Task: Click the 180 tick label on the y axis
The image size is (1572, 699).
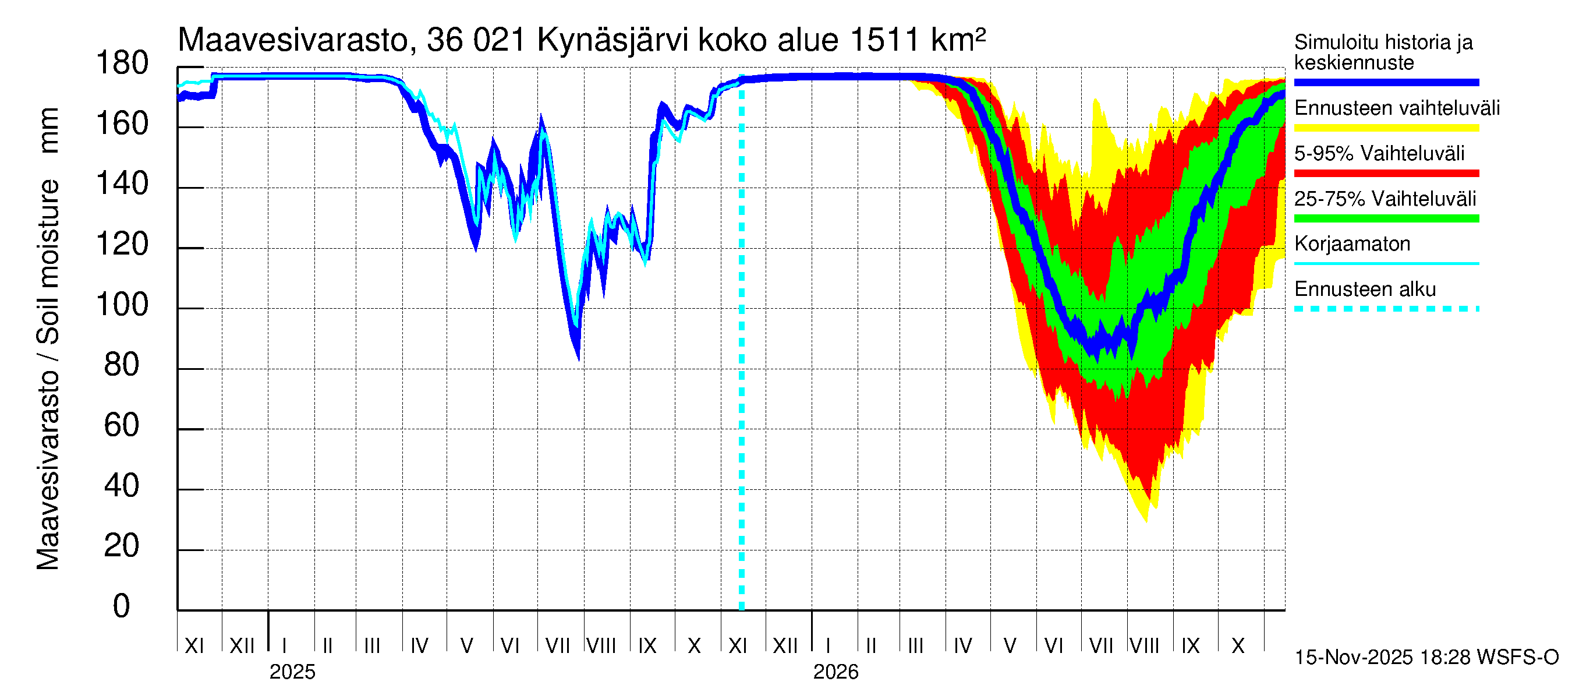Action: click(122, 63)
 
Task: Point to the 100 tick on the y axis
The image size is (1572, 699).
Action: click(122, 305)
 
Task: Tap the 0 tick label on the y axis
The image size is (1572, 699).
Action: click(122, 606)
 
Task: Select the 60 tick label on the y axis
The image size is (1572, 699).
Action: click(122, 425)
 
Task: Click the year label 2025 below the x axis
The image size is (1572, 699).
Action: click(292, 672)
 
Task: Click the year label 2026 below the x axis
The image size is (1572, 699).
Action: click(835, 672)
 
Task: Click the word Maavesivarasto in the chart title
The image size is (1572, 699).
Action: click(293, 40)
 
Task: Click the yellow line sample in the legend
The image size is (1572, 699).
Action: click(1386, 128)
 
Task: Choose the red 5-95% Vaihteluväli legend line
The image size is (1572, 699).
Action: click(1386, 174)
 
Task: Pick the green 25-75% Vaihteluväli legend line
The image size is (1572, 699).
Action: click(1386, 218)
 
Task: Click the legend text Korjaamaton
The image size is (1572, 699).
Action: click(1353, 244)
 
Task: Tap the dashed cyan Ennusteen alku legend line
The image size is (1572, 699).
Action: click(1386, 309)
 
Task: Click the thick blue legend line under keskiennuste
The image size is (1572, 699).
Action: click(1386, 82)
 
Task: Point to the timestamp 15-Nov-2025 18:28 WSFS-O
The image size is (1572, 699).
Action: click(1426, 658)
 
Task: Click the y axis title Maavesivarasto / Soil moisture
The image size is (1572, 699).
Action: click(48, 339)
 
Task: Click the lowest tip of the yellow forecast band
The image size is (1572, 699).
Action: click(1146, 521)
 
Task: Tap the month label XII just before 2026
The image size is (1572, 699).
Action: click(785, 646)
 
